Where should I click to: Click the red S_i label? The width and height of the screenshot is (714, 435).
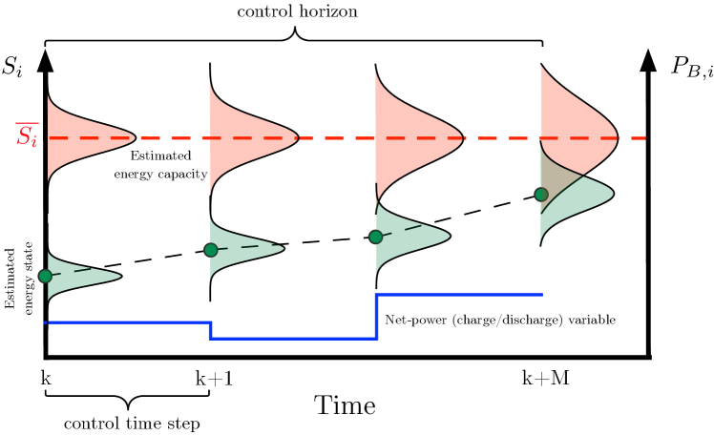(x=27, y=135)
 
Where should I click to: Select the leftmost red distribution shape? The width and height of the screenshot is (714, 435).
(x=81, y=138)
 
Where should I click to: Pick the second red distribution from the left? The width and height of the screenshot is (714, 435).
(x=244, y=138)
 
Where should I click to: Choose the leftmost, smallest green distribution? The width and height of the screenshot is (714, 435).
(x=76, y=276)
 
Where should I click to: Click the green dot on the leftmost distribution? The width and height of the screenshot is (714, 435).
(x=45, y=276)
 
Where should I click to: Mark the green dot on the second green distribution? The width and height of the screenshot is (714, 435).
(x=211, y=250)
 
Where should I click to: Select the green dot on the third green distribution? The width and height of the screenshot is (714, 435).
(x=376, y=237)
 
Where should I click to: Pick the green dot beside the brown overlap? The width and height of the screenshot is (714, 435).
(x=541, y=195)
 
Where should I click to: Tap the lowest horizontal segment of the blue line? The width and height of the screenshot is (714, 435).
(x=293, y=338)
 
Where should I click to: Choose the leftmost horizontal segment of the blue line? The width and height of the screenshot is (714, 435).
(x=128, y=322)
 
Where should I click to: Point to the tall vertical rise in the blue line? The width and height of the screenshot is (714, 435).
(x=377, y=317)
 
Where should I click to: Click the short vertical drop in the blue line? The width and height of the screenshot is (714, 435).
(x=210, y=330)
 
